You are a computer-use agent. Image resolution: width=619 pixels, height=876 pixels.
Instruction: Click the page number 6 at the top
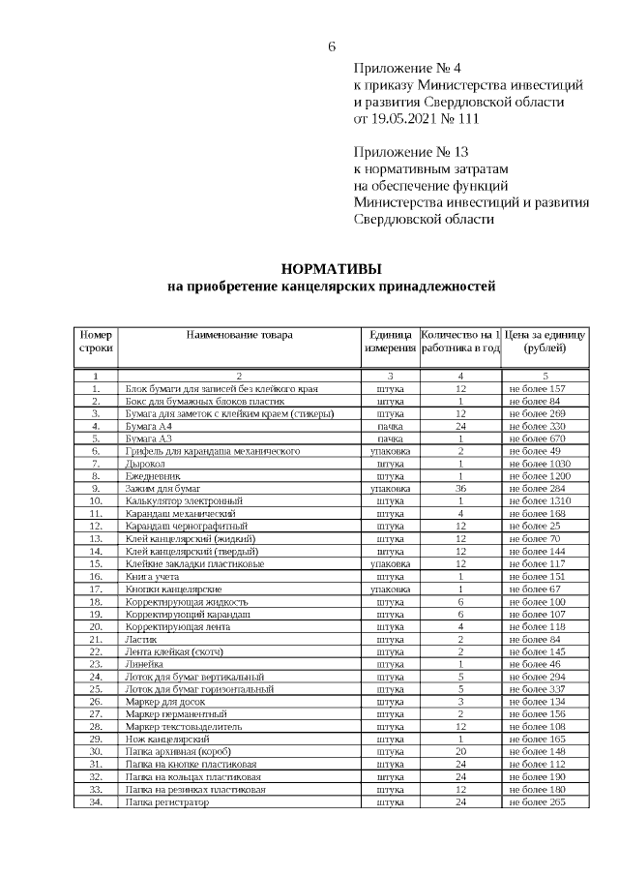pyautogui.click(x=332, y=47)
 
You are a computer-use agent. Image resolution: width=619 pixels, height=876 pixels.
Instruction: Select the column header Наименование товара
pyautogui.click(x=240, y=335)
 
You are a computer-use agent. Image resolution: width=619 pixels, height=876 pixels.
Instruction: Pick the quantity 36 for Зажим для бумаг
pyautogui.click(x=461, y=488)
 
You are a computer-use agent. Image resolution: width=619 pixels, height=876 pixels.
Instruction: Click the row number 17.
pyautogui.click(x=96, y=589)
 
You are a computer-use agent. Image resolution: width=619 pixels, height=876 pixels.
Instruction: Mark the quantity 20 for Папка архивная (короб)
pyautogui.click(x=461, y=751)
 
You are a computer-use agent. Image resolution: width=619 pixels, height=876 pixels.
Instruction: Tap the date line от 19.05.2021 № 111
pyautogui.click(x=416, y=118)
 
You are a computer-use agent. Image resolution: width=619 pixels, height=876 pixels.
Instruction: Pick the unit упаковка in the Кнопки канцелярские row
pyautogui.click(x=390, y=589)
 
